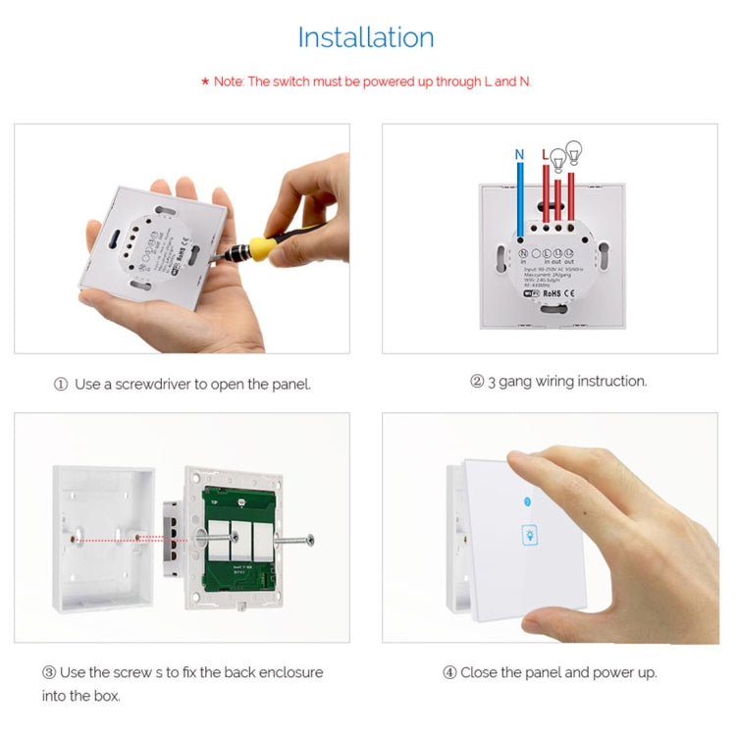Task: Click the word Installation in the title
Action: pyautogui.click(x=366, y=38)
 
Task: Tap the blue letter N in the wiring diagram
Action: pyautogui.click(x=519, y=154)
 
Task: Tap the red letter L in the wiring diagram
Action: pyautogui.click(x=545, y=154)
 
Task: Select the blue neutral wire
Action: pyautogui.click(x=519, y=196)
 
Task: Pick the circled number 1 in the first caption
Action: pyautogui.click(x=61, y=385)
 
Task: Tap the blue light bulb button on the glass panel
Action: pyautogui.click(x=531, y=535)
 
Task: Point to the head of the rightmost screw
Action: pyautogui.click(x=310, y=538)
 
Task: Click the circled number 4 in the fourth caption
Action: pyautogui.click(x=449, y=672)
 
